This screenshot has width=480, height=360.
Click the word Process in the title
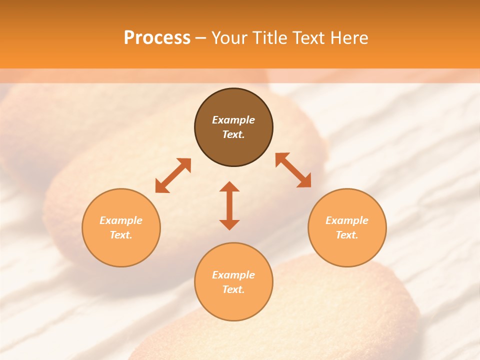pyautogui.click(x=157, y=38)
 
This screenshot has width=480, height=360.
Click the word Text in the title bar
pyautogui.click(x=309, y=38)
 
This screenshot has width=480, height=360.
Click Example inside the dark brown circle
pyautogui.click(x=233, y=120)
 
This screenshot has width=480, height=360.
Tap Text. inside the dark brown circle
pyautogui.click(x=233, y=134)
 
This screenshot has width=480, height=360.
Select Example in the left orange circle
pyautogui.click(x=121, y=220)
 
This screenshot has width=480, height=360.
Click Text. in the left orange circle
pyautogui.click(x=121, y=235)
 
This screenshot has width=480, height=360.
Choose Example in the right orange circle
pyautogui.click(x=347, y=220)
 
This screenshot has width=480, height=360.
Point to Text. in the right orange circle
pyautogui.click(x=347, y=235)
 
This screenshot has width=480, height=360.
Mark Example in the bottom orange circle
pyautogui.click(x=233, y=275)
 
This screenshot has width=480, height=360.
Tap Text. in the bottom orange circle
pyautogui.click(x=233, y=289)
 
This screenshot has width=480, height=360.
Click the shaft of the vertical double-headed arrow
pyautogui.click(x=229, y=205)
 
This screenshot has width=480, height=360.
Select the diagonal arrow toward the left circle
pyautogui.click(x=173, y=175)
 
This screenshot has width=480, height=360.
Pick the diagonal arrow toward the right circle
pyautogui.click(x=293, y=170)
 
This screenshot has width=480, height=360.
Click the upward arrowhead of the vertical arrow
pyautogui.click(x=229, y=186)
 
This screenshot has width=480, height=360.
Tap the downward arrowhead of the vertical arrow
pyautogui.click(x=229, y=224)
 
